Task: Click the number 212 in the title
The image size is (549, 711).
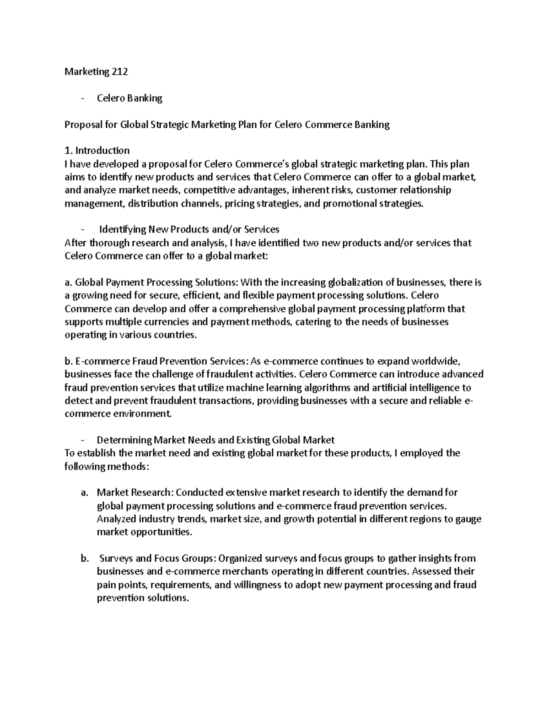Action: click(x=120, y=71)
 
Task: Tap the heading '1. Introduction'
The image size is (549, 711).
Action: click(x=97, y=151)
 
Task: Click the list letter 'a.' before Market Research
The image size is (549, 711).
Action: click(x=84, y=493)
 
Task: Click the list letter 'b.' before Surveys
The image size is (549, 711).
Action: click(x=84, y=559)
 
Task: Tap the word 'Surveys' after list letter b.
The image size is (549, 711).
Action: click(x=116, y=559)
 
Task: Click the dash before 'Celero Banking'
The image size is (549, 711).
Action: click(x=82, y=98)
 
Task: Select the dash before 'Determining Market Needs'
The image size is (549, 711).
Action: click(x=82, y=440)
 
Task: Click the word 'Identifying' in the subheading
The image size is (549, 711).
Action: click(x=122, y=229)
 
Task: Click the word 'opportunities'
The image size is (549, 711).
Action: click(x=161, y=532)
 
